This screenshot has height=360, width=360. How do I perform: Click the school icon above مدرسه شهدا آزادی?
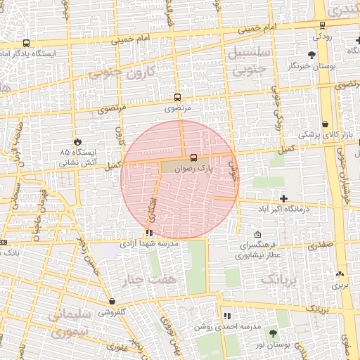coord(148,233)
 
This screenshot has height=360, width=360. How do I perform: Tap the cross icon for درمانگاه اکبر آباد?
coord(284,199)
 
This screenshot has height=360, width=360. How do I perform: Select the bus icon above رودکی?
coord(321,22)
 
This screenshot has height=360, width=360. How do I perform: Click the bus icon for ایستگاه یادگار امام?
coord(26,43)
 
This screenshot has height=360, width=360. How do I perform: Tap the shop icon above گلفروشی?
coord(112,301)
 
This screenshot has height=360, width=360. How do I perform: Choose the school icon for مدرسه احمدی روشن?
coord(226,316)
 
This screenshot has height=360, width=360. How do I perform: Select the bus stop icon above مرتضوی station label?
coord(177,98)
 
